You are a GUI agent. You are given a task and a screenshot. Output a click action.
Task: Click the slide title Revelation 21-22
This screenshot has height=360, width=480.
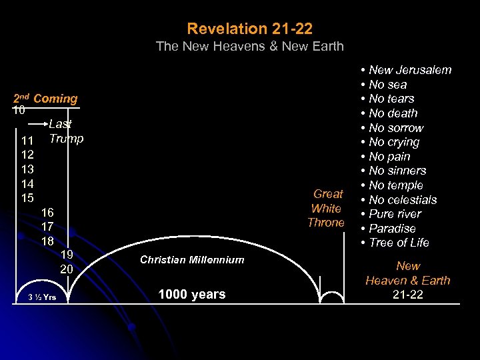(249, 29)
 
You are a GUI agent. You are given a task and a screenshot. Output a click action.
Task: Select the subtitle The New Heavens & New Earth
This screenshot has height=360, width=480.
(249, 47)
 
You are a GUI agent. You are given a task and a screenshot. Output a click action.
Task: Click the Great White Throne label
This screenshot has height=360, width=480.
(327, 208)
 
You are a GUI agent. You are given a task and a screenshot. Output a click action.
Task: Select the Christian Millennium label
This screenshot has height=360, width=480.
(192, 260)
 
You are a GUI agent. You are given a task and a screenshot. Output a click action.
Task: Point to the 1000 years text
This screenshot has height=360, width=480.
(192, 294)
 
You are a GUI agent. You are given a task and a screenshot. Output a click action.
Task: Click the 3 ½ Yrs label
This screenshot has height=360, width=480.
(42, 297)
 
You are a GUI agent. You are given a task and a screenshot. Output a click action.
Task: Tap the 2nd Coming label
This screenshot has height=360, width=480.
(46, 99)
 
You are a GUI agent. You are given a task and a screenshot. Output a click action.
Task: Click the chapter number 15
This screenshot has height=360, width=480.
(28, 198)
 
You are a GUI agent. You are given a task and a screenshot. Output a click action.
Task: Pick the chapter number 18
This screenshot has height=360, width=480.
(47, 241)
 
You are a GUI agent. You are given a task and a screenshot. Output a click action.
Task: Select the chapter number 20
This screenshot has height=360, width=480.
(67, 269)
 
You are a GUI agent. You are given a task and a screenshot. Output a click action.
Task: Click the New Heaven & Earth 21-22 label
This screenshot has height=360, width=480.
(407, 280)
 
